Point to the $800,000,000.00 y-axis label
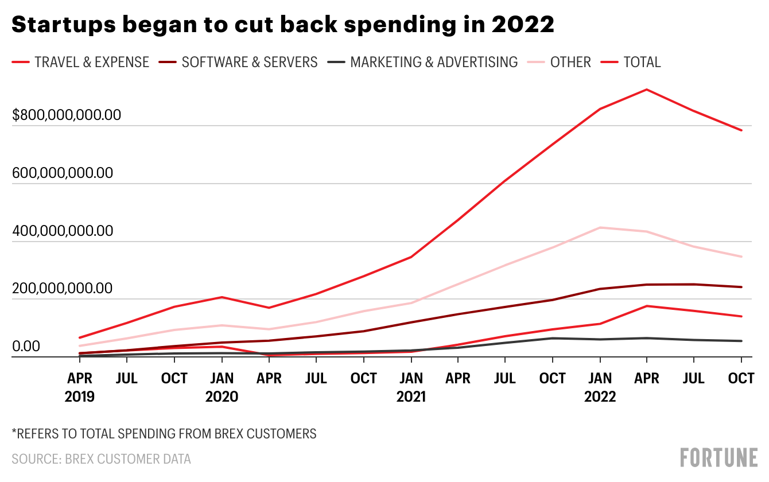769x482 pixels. coord(67,115)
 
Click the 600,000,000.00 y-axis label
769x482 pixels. coord(62,173)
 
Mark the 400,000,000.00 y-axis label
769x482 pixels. coord(62,231)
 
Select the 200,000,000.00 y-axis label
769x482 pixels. coord(62,288)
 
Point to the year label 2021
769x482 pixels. coord(411,397)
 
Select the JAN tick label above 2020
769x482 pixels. coord(222,379)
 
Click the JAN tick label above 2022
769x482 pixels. coord(600,379)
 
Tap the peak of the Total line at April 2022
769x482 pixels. coord(647,90)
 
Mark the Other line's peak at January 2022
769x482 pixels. coord(600,228)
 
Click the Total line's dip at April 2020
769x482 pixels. coord(269,308)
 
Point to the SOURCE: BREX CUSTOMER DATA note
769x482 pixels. coord(101,459)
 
